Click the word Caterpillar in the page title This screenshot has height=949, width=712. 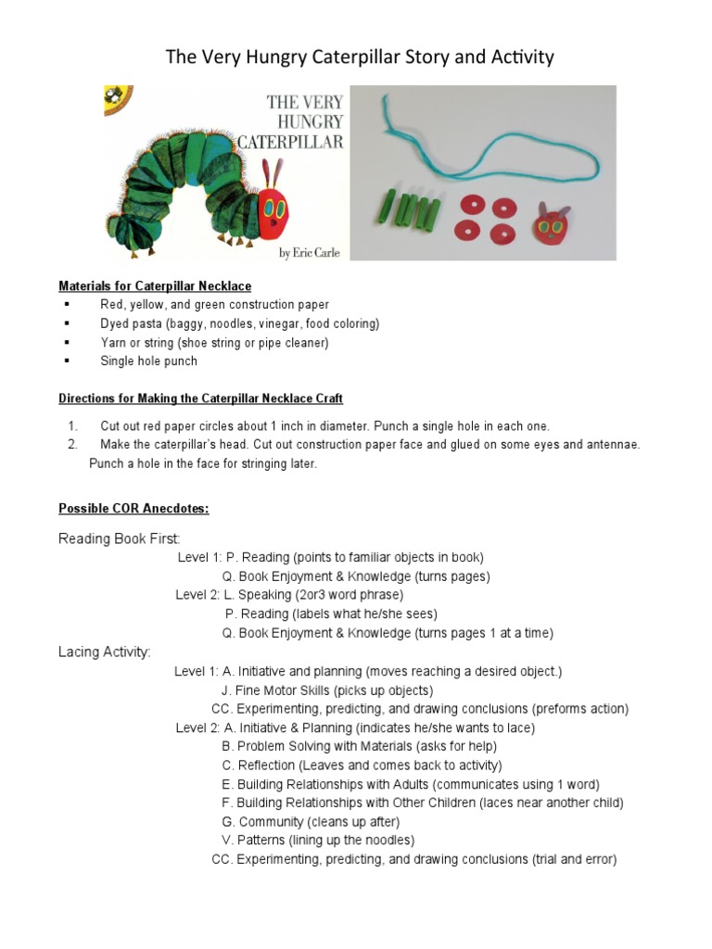[x=350, y=57]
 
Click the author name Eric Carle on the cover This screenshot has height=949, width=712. [x=311, y=253]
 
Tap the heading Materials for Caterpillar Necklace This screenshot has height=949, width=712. [x=155, y=285]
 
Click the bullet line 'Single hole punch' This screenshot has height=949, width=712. [x=148, y=361]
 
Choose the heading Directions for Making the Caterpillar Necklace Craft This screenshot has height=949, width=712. [x=200, y=399]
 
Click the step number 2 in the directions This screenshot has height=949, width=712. [x=71, y=445]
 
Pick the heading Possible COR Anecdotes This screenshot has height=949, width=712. [x=133, y=509]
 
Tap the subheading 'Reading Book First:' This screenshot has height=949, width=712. [x=120, y=538]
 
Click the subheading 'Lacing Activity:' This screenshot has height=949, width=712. [x=105, y=652]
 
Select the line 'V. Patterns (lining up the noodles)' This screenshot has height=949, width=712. [x=318, y=841]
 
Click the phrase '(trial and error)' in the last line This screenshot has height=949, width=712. [x=574, y=859]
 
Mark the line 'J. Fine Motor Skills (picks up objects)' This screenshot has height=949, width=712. [x=327, y=690]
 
